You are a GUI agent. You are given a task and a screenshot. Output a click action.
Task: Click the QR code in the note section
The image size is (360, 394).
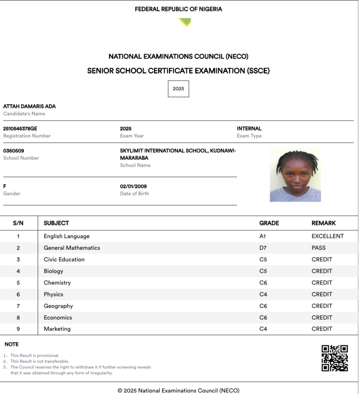tap(334, 358)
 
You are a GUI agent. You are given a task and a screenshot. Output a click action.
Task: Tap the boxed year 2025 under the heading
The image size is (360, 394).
tap(178, 89)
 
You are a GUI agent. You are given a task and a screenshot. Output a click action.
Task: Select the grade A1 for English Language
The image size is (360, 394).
tap(263, 236)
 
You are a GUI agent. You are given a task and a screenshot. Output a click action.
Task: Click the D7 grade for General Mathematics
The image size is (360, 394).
tap(263, 248)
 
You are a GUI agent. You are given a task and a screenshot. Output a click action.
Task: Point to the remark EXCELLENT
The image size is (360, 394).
tap(328, 236)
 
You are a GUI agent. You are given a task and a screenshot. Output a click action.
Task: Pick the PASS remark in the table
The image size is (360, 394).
tap(318, 248)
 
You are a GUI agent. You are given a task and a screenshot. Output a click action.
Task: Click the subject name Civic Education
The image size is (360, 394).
tap(64, 259)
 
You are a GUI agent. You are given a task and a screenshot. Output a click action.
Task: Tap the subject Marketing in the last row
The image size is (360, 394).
tap(57, 329)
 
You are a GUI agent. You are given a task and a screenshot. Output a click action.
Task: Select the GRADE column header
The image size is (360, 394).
tap(269, 223)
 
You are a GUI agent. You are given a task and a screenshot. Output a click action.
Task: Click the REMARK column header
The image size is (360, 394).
tap(323, 223)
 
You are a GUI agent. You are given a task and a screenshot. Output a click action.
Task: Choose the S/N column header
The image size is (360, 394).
tap(18, 223)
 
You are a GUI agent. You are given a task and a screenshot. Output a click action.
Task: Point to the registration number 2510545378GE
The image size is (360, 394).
tap(20, 129)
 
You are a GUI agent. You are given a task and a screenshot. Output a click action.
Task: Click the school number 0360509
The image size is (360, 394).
tap(14, 151)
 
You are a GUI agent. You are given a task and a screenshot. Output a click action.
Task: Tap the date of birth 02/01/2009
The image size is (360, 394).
tap(133, 186)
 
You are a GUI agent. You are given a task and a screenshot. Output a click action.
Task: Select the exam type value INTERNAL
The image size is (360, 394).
tap(249, 129)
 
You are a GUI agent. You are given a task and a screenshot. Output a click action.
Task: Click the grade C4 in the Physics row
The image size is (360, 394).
tap(263, 294)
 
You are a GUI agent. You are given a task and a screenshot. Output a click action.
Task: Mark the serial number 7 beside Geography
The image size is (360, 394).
tap(18, 306)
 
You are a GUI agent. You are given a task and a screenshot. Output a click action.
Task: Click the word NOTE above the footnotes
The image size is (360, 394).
tap(11, 344)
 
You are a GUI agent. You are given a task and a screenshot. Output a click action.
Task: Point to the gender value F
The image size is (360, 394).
tap(5, 186)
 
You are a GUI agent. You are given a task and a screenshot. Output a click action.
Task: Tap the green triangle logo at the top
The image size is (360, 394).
tap(185, 22)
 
